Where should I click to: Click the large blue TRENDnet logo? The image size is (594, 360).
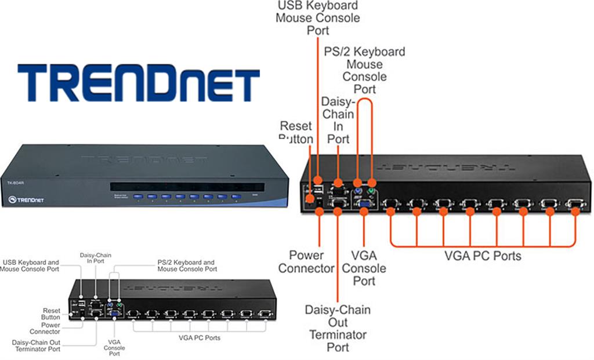tap(138, 82)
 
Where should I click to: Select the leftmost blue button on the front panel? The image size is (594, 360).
tap(138, 197)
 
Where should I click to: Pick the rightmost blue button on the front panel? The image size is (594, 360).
tap(236, 197)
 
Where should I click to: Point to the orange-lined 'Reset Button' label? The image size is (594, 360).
tap(296, 132)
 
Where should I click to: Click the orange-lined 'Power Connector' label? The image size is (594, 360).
tap(306, 261)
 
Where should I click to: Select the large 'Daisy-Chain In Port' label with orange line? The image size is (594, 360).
tap(338, 120)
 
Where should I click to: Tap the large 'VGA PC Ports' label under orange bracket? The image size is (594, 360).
tap(483, 256)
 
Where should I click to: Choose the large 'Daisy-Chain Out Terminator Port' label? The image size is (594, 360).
tap(338, 328)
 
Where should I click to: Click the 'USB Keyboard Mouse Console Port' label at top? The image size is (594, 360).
tap(317, 17)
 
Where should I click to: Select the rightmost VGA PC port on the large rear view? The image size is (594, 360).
tap(575, 203)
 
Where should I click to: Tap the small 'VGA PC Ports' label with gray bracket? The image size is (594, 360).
tap(198, 337)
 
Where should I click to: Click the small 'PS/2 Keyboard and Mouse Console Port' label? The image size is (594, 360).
tap(187, 266)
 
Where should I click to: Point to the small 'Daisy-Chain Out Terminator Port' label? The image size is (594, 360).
tap(36, 346)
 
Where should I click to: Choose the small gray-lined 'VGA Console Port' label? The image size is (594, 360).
tap(115, 348)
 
